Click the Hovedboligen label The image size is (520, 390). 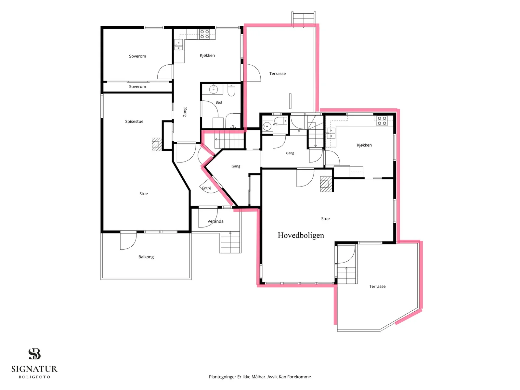(301, 235)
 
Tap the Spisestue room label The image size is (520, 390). (134, 122)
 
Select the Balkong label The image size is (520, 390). (146, 257)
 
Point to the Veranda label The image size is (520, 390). (215, 221)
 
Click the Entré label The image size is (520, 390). (206, 188)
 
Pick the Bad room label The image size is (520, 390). (219, 102)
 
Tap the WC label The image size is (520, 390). (275, 124)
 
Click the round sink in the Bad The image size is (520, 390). (214, 89)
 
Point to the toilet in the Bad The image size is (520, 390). (231, 90)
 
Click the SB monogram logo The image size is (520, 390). (34, 354)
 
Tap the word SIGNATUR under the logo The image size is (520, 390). (34, 369)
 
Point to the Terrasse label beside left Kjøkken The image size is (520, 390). (278, 74)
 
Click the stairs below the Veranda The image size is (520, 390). (230, 242)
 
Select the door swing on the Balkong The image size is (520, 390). (128, 241)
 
